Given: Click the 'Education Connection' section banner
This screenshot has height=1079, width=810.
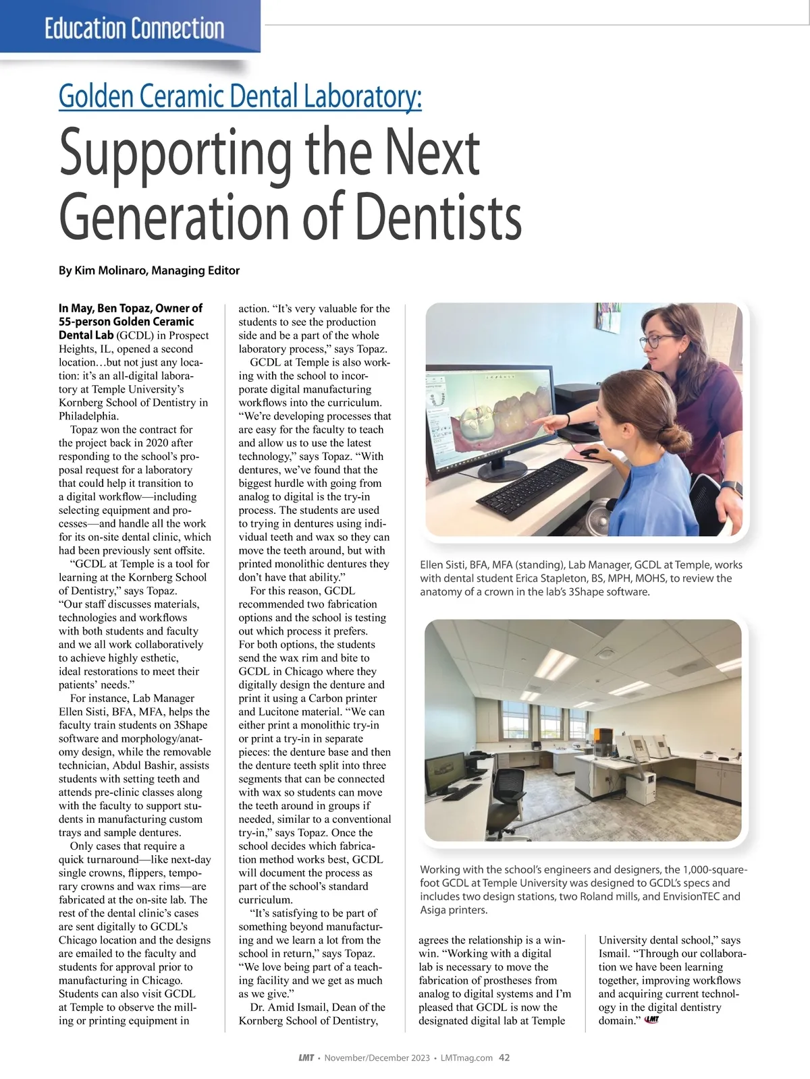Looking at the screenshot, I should tap(134, 28).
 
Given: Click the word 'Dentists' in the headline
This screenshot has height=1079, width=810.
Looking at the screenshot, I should tap(439, 216).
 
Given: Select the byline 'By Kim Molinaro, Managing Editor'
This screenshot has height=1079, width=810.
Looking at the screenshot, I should tap(149, 270).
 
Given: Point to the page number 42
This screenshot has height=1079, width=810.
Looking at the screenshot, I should tap(504, 1057).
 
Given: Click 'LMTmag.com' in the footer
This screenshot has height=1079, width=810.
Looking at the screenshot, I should tap(466, 1057).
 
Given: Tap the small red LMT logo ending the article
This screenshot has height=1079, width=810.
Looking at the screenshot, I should tap(651, 1020).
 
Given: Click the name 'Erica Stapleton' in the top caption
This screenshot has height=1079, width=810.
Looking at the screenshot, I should tap(595, 579).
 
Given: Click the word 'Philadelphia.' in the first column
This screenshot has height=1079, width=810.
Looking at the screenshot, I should tap(89, 416).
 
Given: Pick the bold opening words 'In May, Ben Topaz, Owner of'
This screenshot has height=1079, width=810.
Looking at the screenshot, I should tap(131, 308).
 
